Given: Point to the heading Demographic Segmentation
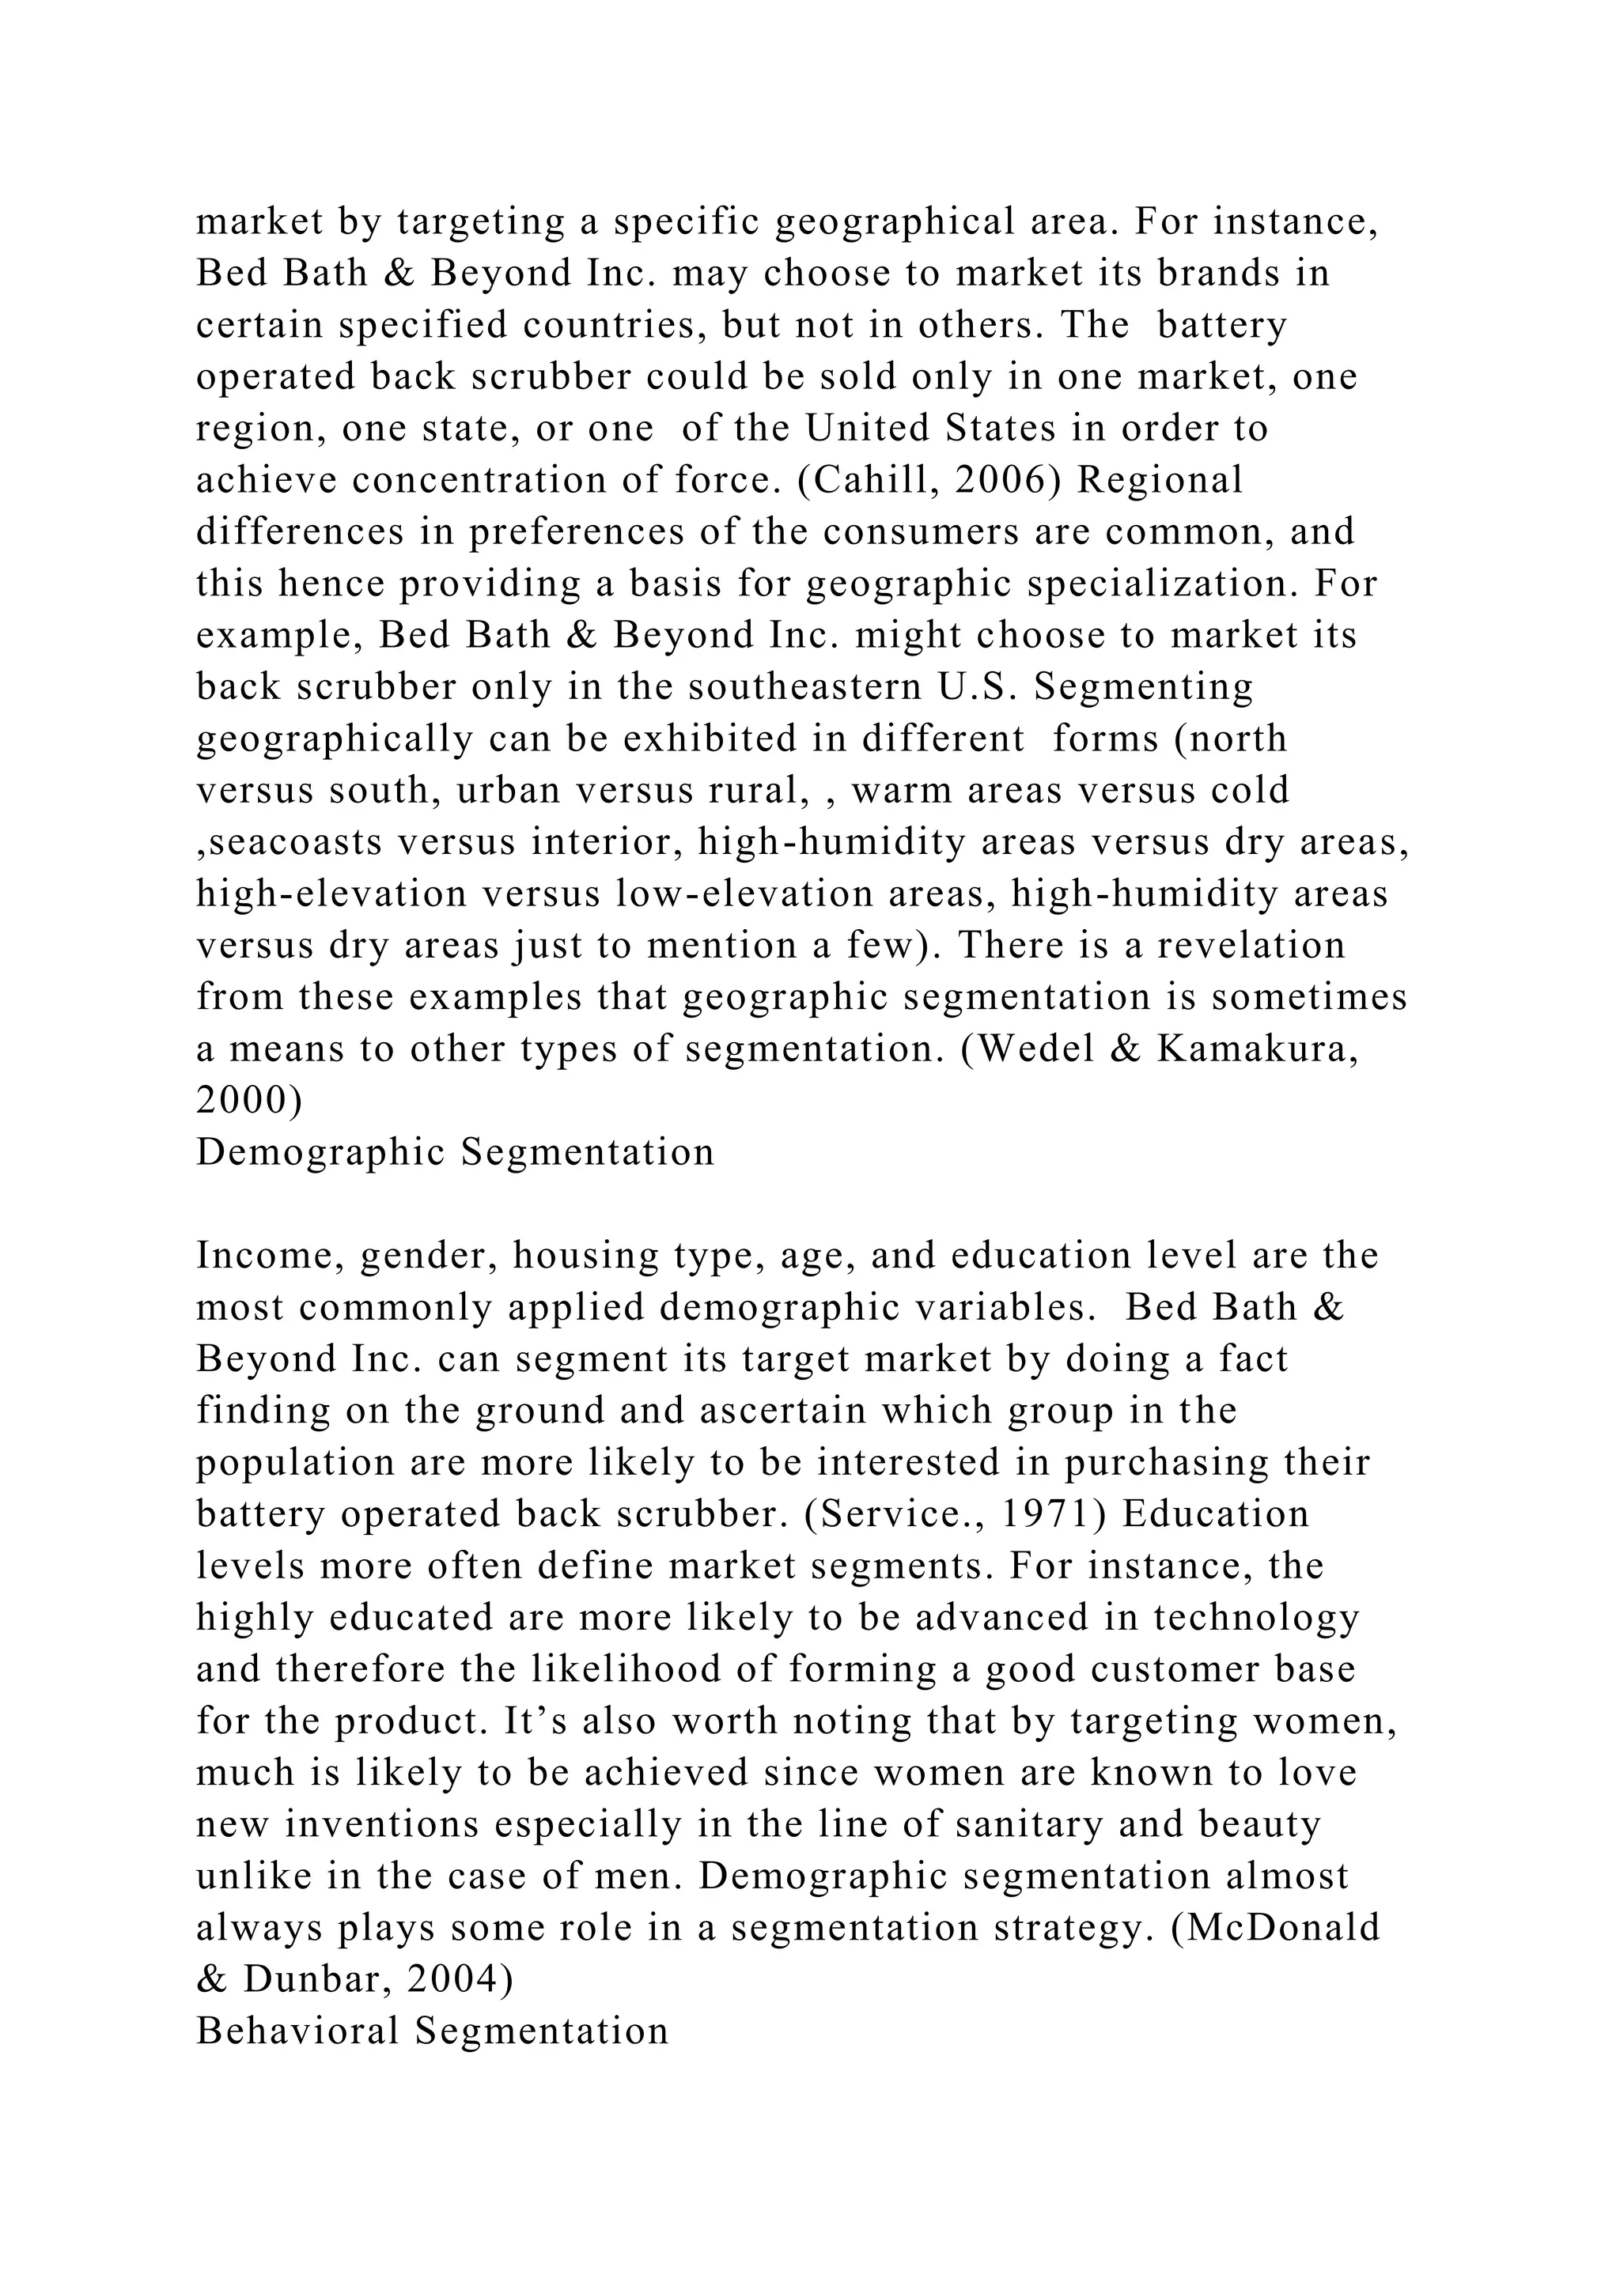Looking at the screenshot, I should pos(455,1153).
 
